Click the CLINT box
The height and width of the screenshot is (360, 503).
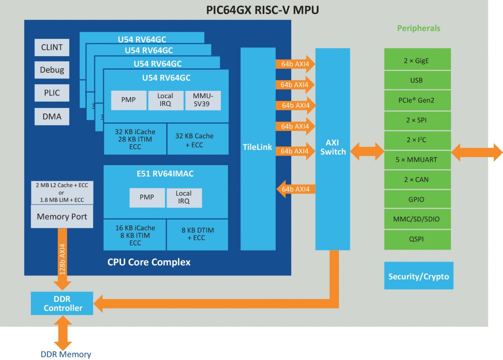tap(52, 47)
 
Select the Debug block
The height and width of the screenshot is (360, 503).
tap(52, 70)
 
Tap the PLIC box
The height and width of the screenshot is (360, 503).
tap(52, 93)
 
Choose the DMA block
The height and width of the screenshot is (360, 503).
tap(52, 116)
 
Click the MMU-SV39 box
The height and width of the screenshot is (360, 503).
tap(203, 100)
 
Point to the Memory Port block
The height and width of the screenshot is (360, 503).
tap(62, 216)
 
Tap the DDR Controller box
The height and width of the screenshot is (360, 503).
tap(62, 303)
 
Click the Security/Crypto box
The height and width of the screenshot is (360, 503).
tap(419, 276)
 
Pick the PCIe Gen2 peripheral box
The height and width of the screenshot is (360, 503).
tap(417, 100)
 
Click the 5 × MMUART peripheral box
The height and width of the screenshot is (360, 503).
tap(417, 160)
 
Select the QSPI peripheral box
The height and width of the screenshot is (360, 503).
tap(417, 239)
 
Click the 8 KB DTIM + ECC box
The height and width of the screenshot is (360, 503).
tap(197, 234)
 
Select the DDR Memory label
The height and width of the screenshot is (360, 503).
tap(66, 354)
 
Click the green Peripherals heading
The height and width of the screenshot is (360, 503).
tap(419, 28)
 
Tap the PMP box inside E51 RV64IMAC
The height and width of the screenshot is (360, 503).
tap(147, 197)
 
